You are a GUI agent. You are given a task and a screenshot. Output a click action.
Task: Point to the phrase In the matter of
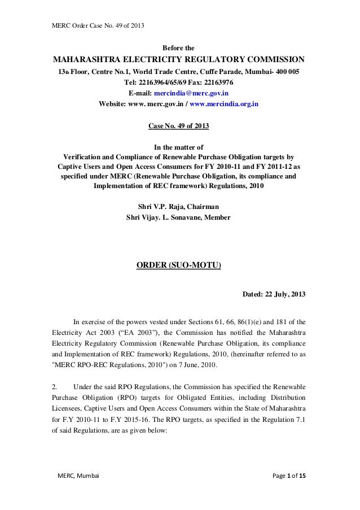(x=179, y=146)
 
